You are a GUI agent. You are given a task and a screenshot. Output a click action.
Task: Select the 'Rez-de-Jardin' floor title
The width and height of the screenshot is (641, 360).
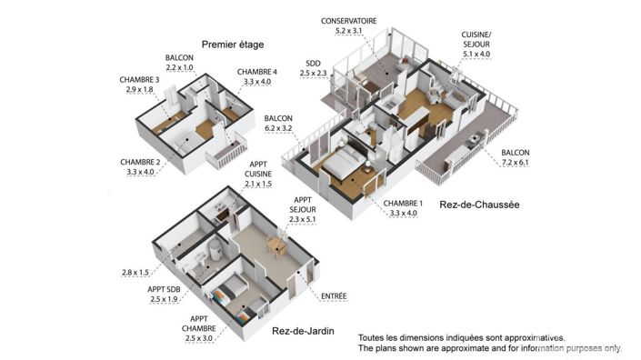302,332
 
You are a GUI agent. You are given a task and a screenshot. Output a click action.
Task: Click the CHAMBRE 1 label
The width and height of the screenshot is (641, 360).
401,203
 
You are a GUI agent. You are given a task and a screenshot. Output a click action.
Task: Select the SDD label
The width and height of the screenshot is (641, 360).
313,63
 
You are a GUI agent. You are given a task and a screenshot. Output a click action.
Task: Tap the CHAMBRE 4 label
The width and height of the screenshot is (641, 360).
257,72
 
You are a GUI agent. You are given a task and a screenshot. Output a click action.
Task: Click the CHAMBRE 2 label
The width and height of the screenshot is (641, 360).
139,162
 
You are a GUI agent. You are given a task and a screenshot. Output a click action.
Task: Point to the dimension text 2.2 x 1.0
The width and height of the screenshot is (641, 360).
180,66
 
